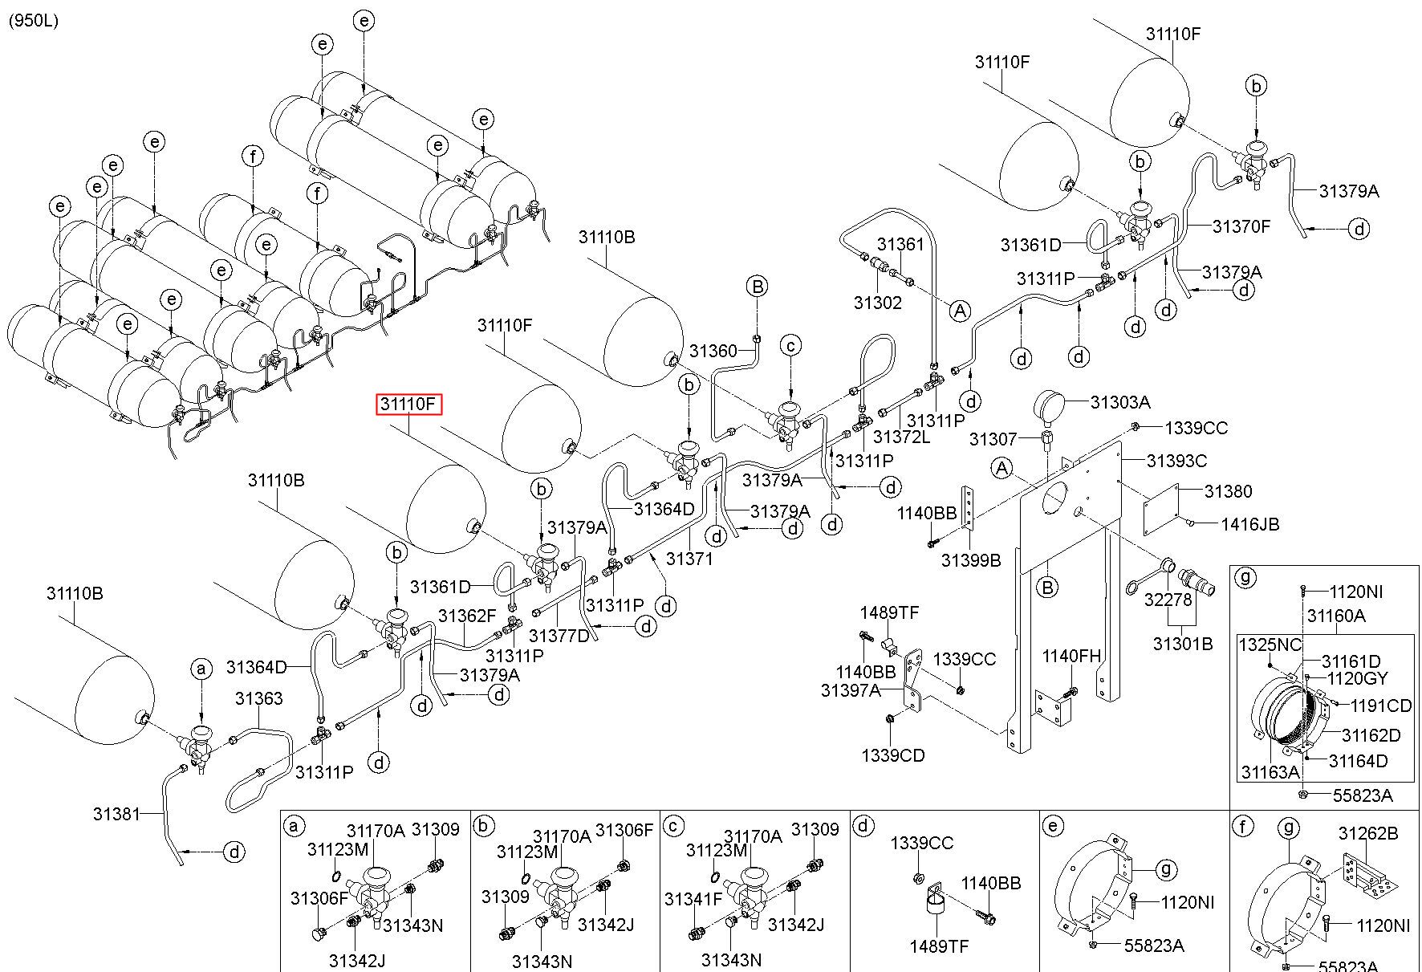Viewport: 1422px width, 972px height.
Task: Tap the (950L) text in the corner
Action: [33, 21]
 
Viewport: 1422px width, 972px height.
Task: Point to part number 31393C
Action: [1176, 461]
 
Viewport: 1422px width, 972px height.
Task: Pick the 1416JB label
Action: [1250, 524]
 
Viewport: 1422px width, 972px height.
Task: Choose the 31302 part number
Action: [878, 303]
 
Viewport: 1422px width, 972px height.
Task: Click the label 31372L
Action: [901, 437]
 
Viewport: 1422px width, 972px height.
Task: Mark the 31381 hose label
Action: [117, 814]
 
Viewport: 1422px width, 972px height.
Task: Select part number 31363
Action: [259, 699]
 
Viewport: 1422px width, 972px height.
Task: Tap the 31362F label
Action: [468, 616]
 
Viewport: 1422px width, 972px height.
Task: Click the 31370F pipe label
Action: [1241, 226]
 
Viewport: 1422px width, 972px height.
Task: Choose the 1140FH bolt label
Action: [1072, 657]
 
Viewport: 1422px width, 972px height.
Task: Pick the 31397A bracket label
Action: [851, 690]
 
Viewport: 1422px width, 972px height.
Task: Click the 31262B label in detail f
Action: [1368, 834]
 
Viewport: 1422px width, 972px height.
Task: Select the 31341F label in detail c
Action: [694, 899]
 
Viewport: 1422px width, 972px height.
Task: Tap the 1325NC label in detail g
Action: [1269, 645]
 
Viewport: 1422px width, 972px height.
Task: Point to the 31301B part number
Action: [1183, 644]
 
